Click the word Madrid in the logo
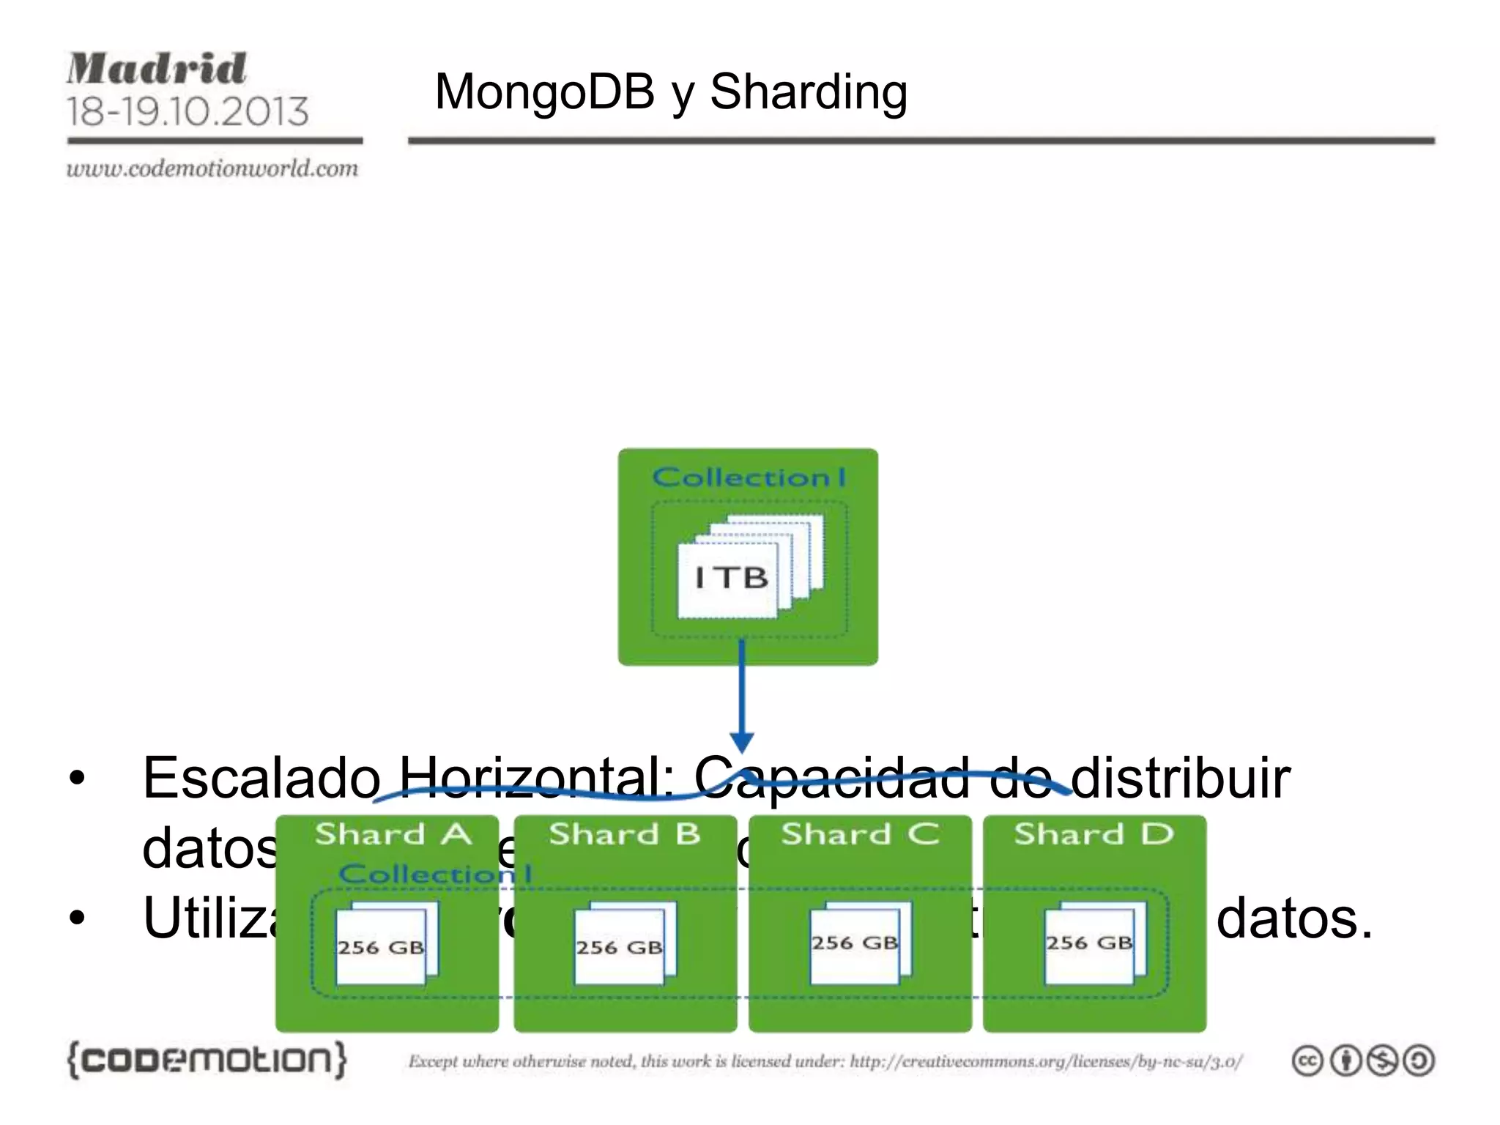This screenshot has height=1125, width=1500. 157,70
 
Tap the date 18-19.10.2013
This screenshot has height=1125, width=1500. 187,112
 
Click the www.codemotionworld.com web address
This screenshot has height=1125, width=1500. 212,169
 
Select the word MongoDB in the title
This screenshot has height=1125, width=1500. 544,92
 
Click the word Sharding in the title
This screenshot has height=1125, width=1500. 809,92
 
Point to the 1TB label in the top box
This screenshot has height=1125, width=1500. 731,578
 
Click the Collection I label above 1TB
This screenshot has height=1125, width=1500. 749,478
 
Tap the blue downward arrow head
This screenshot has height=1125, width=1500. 742,741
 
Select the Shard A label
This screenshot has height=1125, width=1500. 393,834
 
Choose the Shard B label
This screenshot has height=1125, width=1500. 625,834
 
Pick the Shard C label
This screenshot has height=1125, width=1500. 860,834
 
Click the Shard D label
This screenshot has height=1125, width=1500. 1094,834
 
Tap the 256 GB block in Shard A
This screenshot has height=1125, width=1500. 381,947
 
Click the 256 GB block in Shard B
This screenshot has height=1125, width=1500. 619,947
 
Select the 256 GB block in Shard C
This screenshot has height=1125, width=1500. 855,943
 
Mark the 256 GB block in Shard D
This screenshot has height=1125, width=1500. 1089,943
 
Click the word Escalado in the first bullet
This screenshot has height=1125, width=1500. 261,778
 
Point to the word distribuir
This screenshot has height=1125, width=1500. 1180,778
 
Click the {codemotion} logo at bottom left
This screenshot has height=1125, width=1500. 207,1060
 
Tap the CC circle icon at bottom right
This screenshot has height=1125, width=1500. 1307,1061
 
